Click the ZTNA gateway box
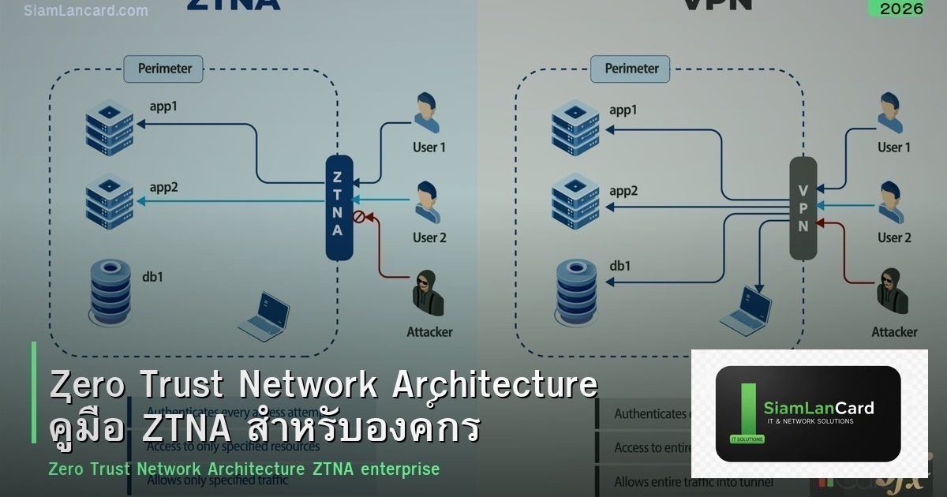click(x=339, y=207)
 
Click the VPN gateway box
click(x=803, y=207)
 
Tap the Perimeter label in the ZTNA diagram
click(x=164, y=69)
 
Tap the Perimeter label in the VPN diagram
click(x=631, y=69)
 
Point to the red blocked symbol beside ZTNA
click(x=358, y=215)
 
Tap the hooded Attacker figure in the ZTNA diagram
click(x=427, y=294)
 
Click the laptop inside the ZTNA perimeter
click(x=264, y=316)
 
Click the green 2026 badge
click(x=896, y=9)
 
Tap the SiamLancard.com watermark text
click(x=86, y=11)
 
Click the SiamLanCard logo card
click(x=808, y=413)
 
